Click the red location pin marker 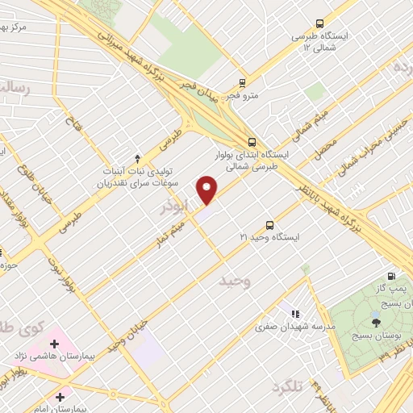(207, 190)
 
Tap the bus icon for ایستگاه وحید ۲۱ (269, 226)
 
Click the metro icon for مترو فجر (242, 83)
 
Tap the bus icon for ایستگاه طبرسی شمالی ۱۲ (319, 24)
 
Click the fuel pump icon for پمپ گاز (392, 277)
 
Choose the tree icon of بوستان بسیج (377, 319)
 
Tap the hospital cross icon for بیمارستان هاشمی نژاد (54, 344)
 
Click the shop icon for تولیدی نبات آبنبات (137, 158)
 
